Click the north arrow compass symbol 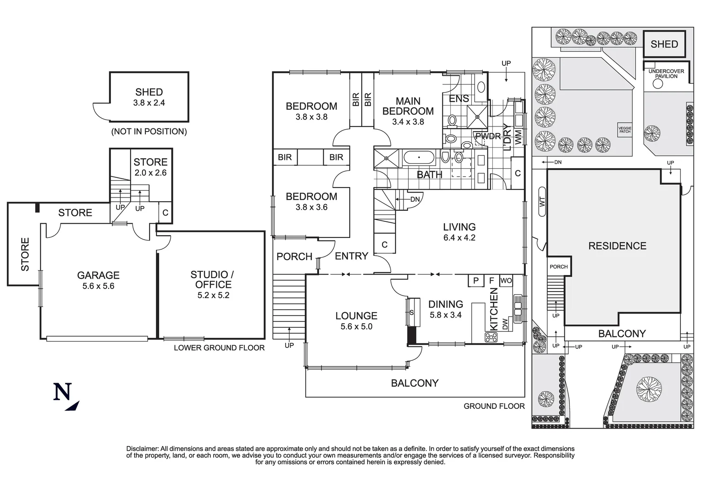click(x=65, y=396)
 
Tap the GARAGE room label click(x=98, y=275)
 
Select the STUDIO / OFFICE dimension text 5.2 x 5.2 click(x=213, y=296)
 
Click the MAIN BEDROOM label click(x=408, y=106)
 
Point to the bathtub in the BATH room click(x=419, y=158)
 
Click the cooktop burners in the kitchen click(x=491, y=337)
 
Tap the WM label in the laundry click(x=519, y=137)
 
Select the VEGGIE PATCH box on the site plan click(x=624, y=130)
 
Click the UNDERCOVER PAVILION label click(x=666, y=74)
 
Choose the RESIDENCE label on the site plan click(x=617, y=246)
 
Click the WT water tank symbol click(x=542, y=201)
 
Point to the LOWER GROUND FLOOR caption click(x=219, y=348)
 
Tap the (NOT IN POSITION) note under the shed click(x=149, y=132)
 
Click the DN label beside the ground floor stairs click(x=414, y=199)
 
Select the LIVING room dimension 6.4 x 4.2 click(x=459, y=238)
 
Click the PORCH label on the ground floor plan click(x=294, y=257)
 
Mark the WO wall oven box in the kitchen click(x=506, y=280)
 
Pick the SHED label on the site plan click(x=664, y=44)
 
